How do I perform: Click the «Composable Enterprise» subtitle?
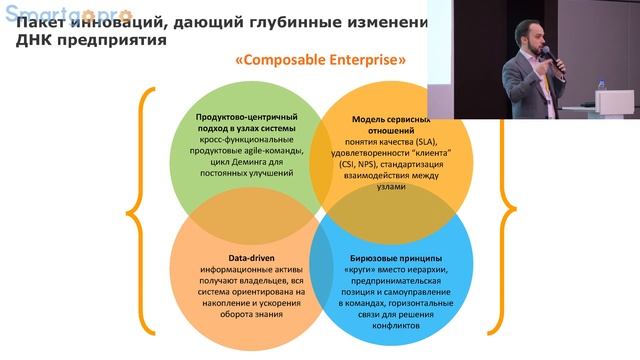tap(320, 60)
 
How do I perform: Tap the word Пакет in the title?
tap(45, 23)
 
